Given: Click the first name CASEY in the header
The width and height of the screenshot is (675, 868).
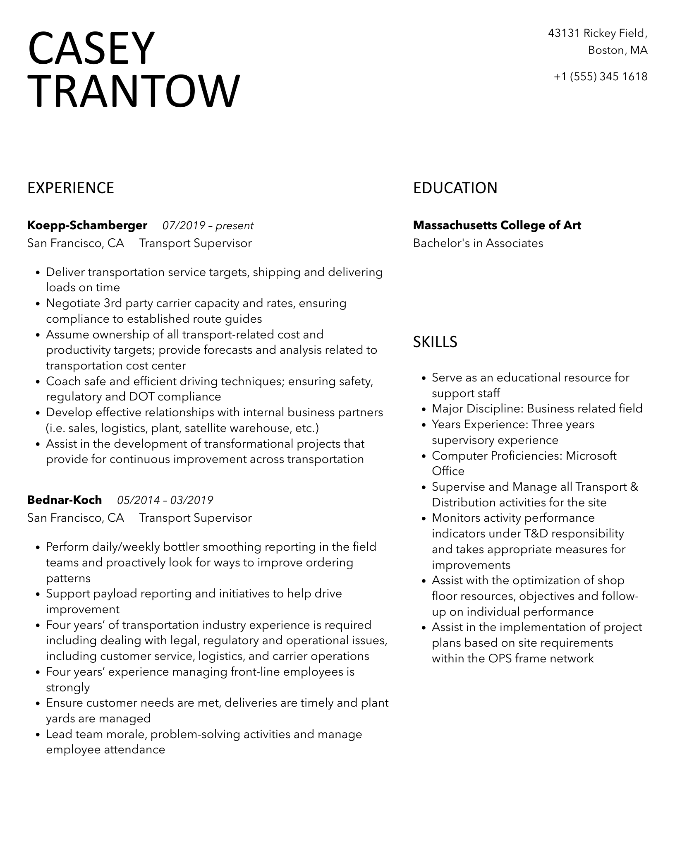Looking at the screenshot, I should pos(91,48).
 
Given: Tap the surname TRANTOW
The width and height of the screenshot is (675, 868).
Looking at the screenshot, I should pos(134,91).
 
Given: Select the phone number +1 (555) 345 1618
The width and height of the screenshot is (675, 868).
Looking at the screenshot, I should pos(601,77).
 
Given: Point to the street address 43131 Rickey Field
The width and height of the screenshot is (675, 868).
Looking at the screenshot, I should pos(597,33).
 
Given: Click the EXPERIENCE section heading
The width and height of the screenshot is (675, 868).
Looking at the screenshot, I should pos(71,188).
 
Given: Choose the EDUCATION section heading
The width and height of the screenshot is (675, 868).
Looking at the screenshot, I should pos(455,188).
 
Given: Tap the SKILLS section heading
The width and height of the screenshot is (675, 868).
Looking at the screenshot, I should pos(435,342).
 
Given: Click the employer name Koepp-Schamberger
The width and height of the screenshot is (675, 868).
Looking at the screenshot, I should pos(87,225).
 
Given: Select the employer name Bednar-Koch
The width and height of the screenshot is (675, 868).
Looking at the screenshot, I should pos(65,500).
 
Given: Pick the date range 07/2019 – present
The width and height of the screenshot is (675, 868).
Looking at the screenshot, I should pos(208,226).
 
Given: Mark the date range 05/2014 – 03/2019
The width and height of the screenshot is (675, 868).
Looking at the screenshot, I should pos(165,501).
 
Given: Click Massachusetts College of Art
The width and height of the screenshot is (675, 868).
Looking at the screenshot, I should pos(497,225).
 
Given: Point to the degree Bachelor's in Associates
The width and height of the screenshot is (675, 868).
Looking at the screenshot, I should pos(478,243).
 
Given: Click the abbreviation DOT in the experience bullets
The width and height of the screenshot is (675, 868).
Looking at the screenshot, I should pos(141,397).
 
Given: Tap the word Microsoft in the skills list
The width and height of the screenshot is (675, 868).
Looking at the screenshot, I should pos(591,456).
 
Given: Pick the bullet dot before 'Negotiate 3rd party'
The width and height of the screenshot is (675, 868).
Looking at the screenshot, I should pos(38,304).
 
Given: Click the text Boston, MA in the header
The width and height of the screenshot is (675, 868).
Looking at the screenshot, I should pos(618,50).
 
